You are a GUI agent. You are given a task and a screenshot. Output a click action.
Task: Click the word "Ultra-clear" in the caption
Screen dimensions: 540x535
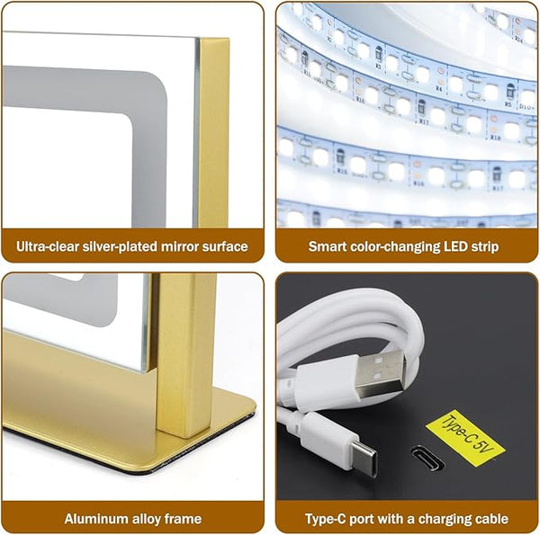pos(48,246)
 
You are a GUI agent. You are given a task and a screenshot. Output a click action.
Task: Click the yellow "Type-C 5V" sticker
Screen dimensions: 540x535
pos(465,438)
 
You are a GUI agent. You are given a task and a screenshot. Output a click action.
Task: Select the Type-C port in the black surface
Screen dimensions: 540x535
pos(427,458)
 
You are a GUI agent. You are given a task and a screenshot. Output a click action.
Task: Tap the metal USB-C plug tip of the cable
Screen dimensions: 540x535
pos(364,460)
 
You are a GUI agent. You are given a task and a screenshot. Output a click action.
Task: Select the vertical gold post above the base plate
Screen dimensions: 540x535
pos(186,354)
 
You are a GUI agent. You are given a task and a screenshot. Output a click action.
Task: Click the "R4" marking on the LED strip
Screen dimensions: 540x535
pos(438,88)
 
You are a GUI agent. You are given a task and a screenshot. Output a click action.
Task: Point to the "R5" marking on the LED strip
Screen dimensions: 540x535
pos(508,103)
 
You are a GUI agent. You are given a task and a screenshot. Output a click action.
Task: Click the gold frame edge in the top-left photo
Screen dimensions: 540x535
pos(213,132)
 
